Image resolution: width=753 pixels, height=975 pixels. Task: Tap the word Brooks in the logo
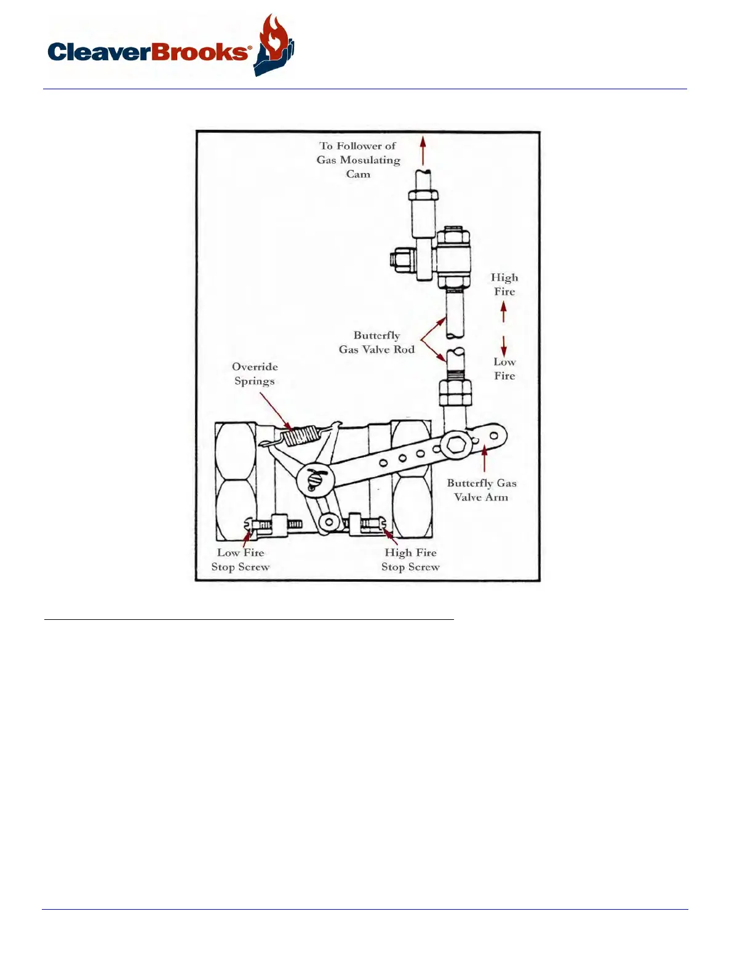[199, 52]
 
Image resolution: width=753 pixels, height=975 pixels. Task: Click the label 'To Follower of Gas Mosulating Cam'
[358, 160]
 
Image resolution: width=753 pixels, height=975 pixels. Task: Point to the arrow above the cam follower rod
[423, 150]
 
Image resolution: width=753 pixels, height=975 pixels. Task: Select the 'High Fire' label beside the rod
[504, 284]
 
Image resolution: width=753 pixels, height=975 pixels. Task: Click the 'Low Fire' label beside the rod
[504, 369]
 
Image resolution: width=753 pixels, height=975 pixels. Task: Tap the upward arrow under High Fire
[504, 313]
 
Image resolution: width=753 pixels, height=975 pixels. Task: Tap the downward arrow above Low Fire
[504, 345]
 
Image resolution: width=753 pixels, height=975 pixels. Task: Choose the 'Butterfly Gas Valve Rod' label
[376, 342]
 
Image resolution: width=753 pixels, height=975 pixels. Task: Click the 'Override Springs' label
[255, 374]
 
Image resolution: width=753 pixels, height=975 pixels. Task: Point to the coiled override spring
[300, 436]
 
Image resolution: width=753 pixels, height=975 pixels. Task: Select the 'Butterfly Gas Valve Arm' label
[481, 490]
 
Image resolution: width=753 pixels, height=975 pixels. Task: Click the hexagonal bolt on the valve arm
[456, 444]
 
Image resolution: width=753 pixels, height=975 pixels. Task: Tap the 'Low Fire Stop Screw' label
[241, 560]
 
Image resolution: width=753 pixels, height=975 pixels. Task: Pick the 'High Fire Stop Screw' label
[410, 560]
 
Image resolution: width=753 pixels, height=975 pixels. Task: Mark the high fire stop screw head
[383, 524]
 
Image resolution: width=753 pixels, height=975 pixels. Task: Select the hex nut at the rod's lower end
[455, 391]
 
